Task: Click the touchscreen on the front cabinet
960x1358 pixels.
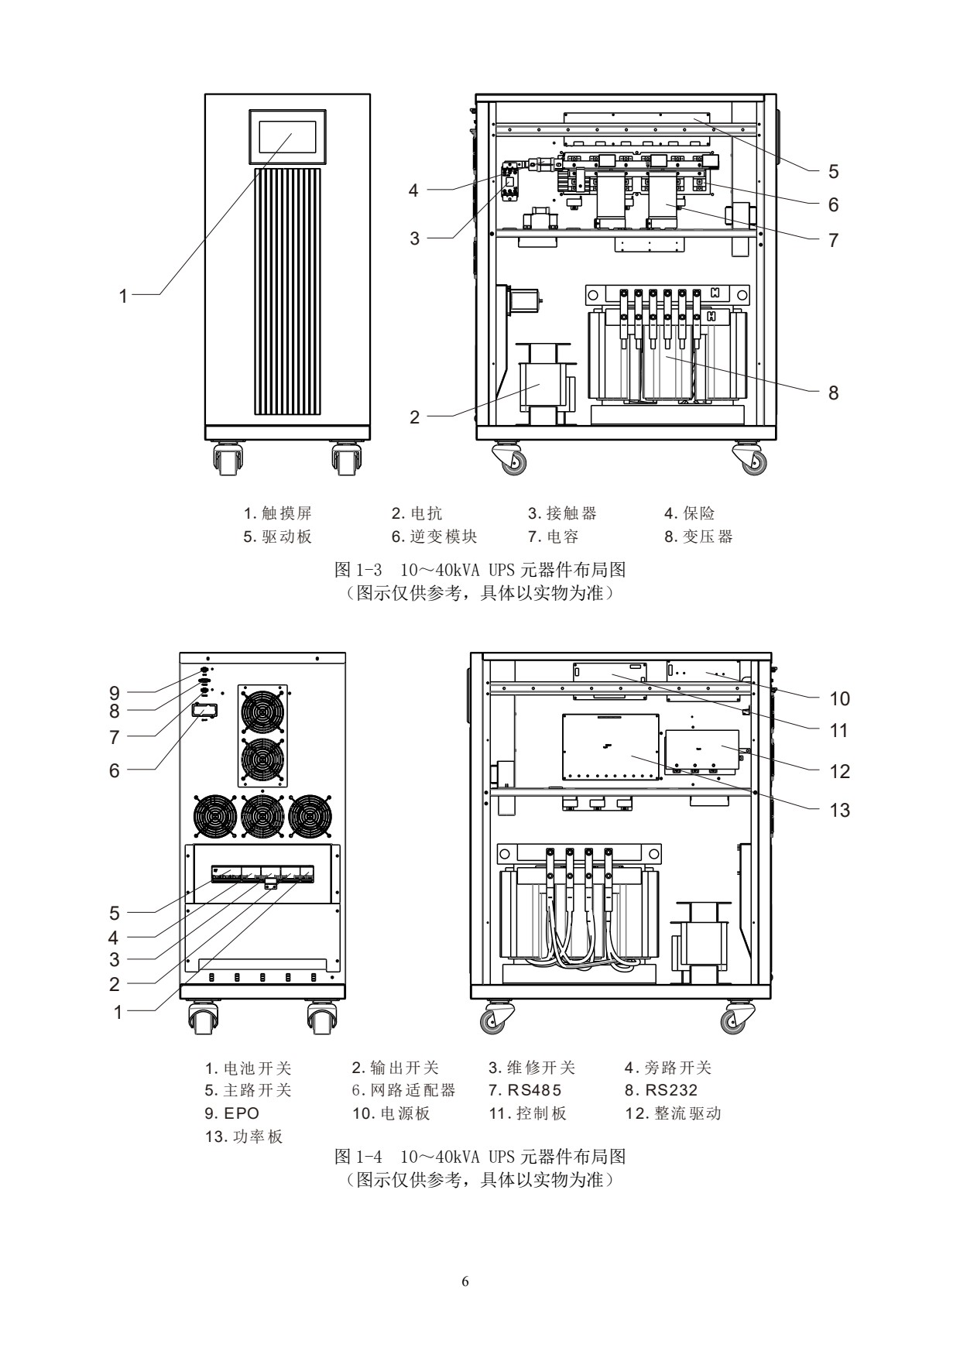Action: tap(287, 136)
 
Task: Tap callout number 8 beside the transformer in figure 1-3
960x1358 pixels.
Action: tap(833, 393)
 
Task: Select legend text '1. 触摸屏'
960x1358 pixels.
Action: tap(278, 513)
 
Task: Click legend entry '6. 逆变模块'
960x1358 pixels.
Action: tap(434, 537)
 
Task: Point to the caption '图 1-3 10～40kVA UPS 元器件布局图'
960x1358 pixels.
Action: tap(480, 571)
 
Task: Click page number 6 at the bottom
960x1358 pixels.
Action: tap(465, 1281)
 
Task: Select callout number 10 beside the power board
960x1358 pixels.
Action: tap(839, 698)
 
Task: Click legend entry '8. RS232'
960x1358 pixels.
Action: tap(661, 1090)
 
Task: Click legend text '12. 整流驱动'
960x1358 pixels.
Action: tap(673, 1113)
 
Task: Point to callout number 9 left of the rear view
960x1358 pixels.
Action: tap(114, 692)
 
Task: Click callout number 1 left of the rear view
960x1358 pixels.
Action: tap(118, 1012)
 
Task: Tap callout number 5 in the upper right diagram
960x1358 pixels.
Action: tap(833, 171)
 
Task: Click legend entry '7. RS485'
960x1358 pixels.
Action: tap(525, 1090)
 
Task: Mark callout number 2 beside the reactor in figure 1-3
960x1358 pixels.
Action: tap(414, 417)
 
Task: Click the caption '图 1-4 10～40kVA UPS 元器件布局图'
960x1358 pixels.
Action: tap(480, 1157)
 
